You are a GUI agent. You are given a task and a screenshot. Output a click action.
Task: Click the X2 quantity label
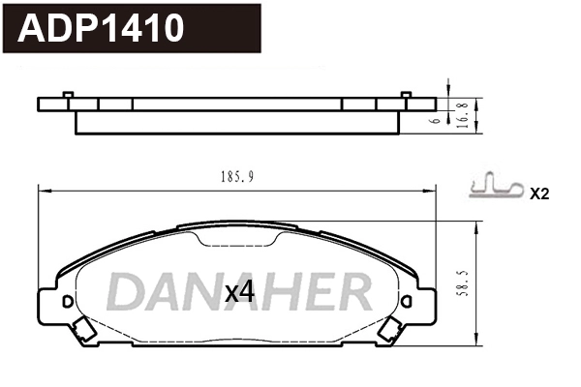539,193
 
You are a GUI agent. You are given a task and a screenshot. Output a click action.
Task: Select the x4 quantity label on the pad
238,291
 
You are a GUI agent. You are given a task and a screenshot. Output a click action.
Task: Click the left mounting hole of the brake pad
67,302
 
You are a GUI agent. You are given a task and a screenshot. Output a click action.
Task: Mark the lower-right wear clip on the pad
392,333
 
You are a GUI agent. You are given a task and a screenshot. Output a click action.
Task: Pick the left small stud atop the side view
68,95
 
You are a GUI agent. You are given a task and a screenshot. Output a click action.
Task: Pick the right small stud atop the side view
407,95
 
